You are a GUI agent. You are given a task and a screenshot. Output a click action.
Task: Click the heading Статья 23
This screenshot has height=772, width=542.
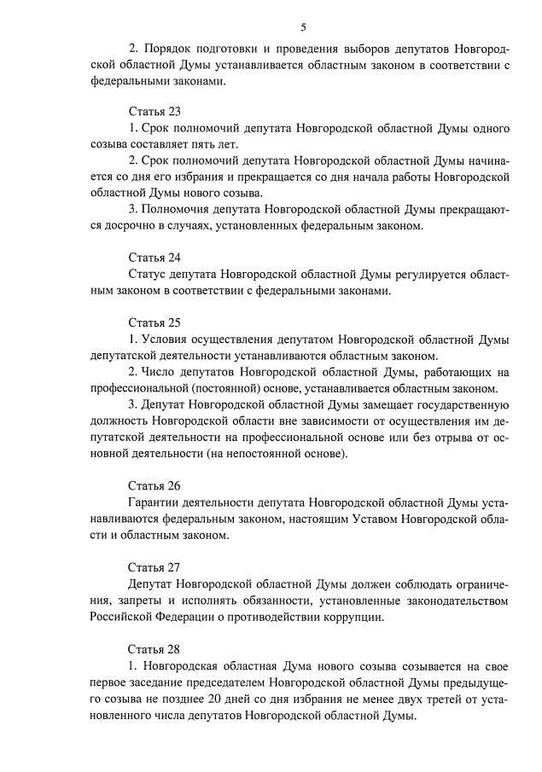(x=154, y=112)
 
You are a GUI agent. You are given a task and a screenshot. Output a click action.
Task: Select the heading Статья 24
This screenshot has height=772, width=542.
(x=154, y=257)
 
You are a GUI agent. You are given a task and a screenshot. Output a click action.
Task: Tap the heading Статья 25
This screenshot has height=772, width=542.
(x=154, y=322)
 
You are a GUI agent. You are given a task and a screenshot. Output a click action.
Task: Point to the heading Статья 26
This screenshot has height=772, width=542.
(x=154, y=486)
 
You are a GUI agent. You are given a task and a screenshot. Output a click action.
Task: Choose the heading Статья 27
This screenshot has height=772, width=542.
(x=154, y=566)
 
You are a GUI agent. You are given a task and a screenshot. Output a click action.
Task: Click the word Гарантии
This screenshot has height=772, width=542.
(x=154, y=503)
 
